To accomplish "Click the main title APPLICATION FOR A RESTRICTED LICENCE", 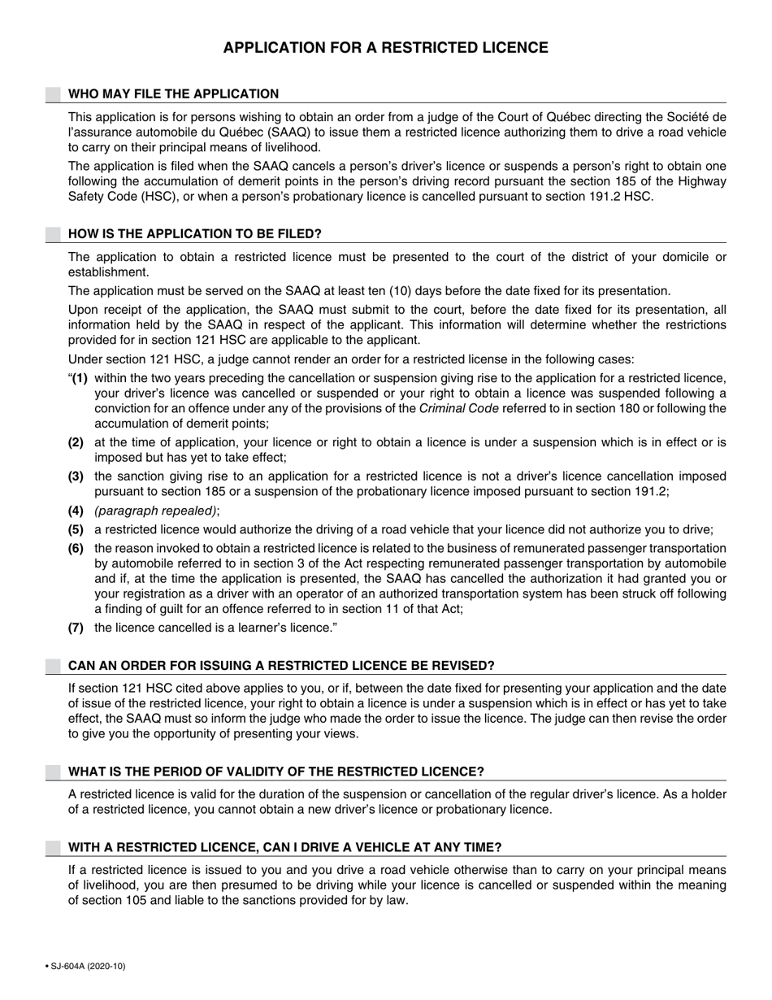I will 385,48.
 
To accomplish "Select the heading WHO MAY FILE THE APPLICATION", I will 173,93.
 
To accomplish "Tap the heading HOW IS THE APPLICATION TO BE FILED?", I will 195,234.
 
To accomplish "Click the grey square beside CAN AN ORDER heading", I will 53,666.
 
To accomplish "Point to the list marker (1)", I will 79,379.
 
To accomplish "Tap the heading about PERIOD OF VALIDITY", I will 275,772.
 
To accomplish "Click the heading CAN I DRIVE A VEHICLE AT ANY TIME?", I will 284,847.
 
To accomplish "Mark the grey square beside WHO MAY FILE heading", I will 53,94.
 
